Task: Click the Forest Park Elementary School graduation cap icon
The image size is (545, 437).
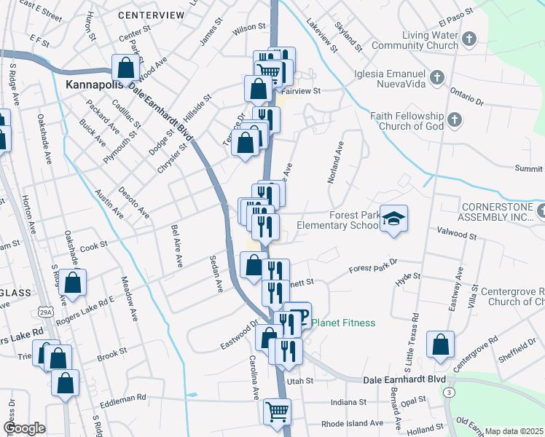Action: (x=394, y=219)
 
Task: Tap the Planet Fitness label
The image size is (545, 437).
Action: (x=344, y=323)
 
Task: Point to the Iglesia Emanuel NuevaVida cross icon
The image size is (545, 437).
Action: (x=437, y=76)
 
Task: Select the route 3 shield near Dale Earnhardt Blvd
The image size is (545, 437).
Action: (x=447, y=393)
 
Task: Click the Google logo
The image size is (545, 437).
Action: (x=24, y=428)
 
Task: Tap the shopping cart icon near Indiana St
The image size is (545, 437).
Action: (x=277, y=412)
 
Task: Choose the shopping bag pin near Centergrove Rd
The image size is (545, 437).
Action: (x=441, y=345)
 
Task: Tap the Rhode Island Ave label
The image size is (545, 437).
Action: (x=352, y=423)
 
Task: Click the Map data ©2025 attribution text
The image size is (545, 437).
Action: (x=514, y=431)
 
